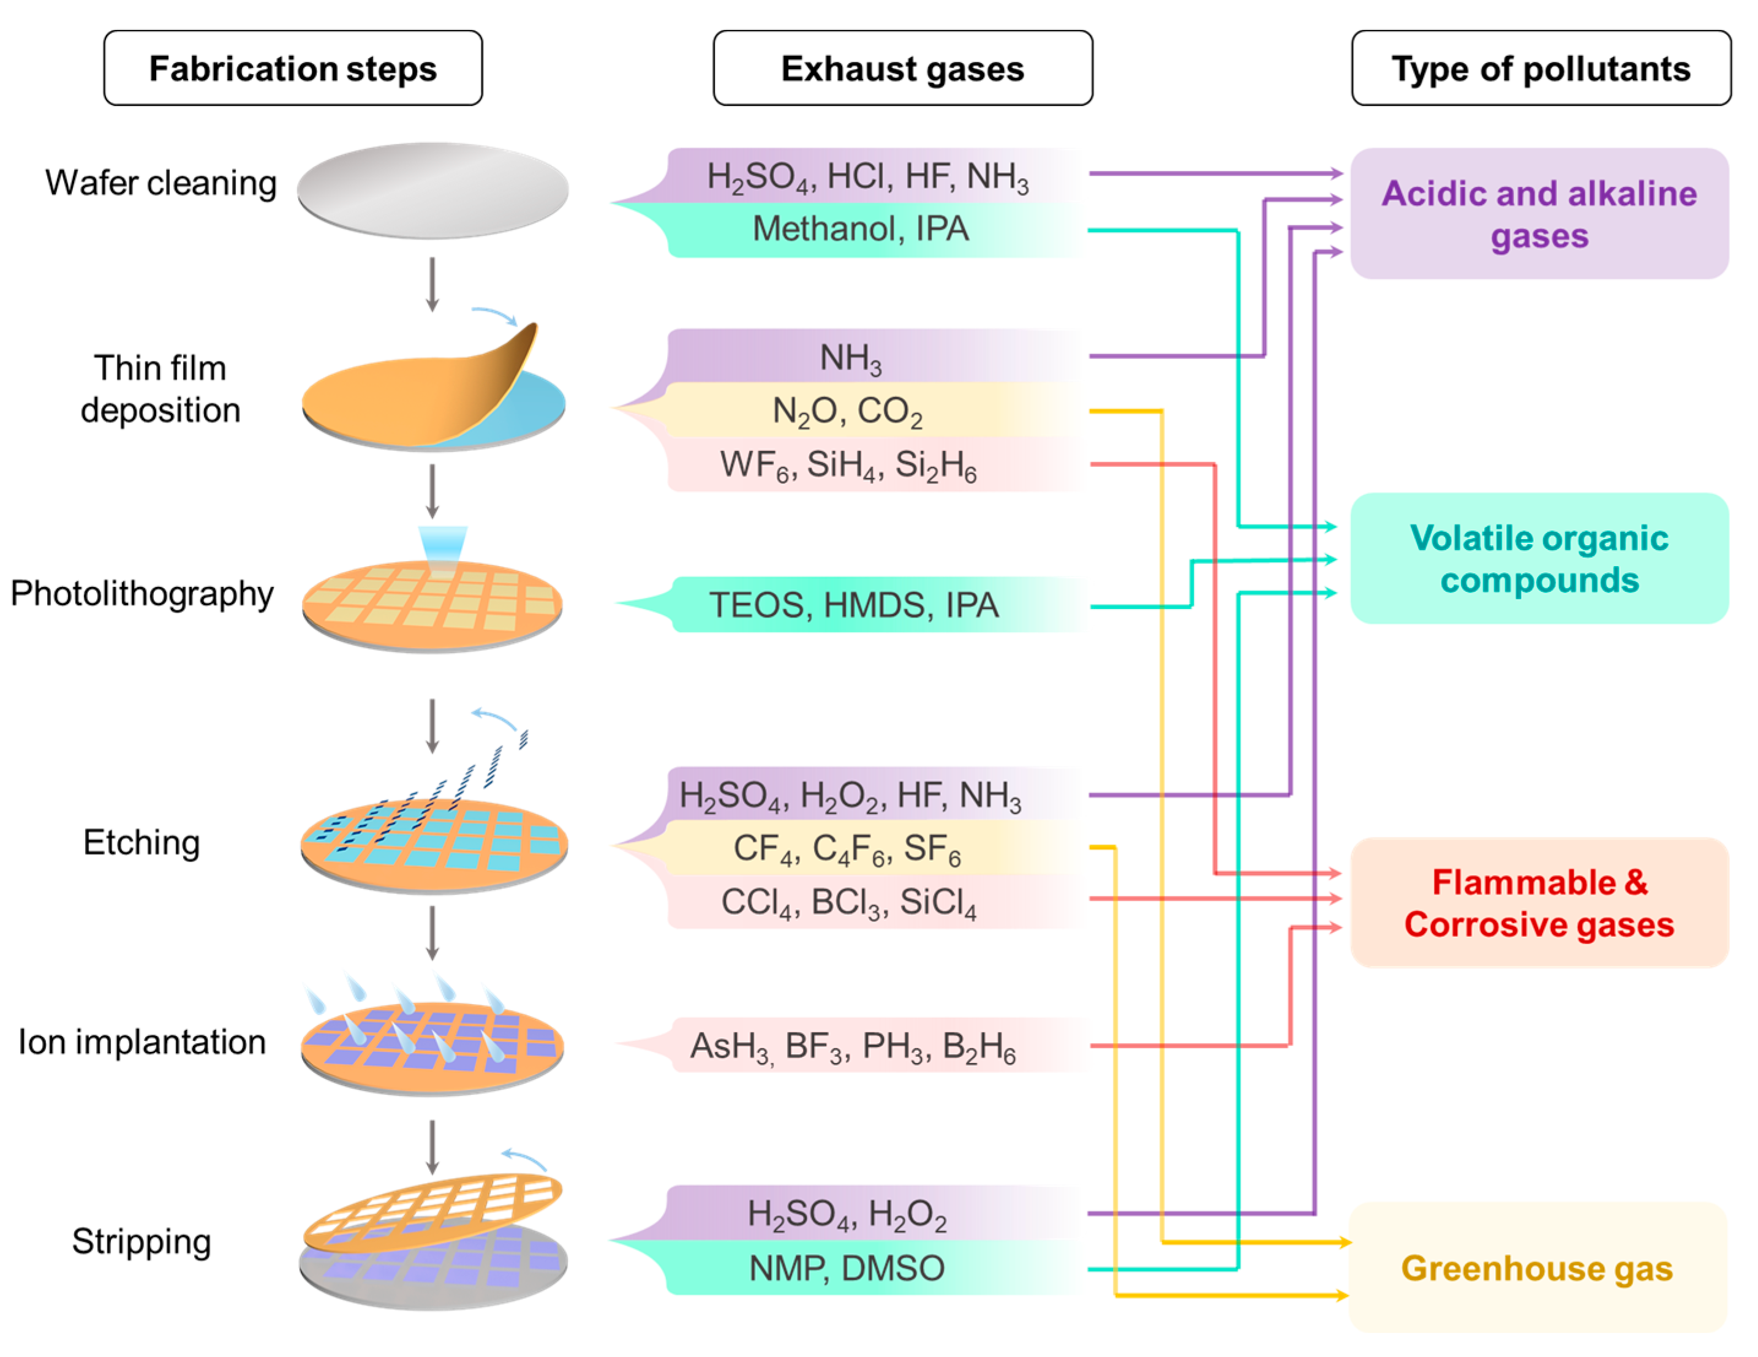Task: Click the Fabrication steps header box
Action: tap(293, 69)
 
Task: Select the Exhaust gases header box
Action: tap(902, 69)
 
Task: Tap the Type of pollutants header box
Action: tap(1541, 69)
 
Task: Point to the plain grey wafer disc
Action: tap(433, 190)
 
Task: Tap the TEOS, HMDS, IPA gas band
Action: tap(853, 605)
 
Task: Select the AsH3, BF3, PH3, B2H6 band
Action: tap(853, 1046)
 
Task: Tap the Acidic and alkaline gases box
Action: tap(1539, 214)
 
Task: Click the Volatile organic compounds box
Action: tap(1539, 559)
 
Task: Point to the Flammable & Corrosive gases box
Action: tap(1539, 903)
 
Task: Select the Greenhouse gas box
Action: tap(1537, 1268)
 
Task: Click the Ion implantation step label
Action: tap(141, 1042)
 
